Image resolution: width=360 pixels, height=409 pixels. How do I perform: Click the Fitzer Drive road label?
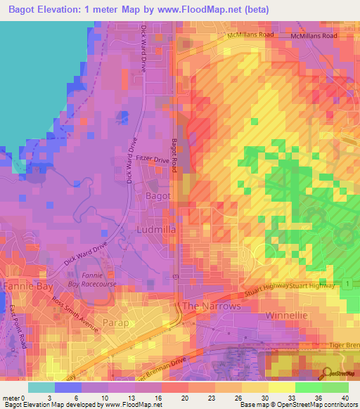click(153, 161)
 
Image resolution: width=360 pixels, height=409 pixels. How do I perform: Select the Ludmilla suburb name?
click(155, 230)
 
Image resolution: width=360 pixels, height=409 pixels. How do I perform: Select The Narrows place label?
click(212, 306)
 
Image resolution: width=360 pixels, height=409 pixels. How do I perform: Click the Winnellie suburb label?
click(284, 316)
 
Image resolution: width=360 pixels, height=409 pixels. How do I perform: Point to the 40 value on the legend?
click(344, 397)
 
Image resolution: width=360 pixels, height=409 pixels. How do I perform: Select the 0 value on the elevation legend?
click(31, 397)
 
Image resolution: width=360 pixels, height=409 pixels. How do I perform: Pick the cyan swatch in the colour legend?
click(41, 387)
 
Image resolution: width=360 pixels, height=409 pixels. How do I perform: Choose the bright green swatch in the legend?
click(309, 387)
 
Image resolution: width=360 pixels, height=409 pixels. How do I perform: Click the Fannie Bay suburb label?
click(25, 287)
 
